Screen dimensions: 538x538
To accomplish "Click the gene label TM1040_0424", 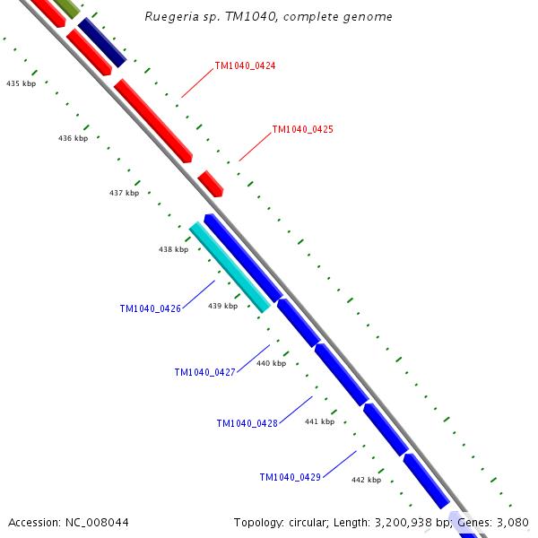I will tap(245, 66).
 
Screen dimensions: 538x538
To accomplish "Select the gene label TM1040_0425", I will tap(302, 130).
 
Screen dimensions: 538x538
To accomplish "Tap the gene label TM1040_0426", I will tap(150, 309).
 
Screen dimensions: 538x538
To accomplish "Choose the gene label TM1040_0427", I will tap(204, 372).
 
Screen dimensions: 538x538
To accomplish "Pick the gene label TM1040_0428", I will tap(247, 423).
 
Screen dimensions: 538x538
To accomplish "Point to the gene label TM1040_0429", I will tap(290, 478).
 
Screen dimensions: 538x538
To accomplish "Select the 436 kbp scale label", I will tap(73, 138).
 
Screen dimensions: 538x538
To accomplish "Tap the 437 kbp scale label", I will tap(124, 193).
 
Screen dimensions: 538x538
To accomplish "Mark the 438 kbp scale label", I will tap(174, 249).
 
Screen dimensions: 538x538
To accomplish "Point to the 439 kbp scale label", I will tap(223, 306).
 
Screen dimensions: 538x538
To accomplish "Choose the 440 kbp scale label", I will tap(271, 363).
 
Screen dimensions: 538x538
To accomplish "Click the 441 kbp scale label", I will tap(319, 421).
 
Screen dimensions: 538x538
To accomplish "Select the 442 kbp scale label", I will tap(366, 480).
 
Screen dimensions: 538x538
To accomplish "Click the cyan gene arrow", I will tap(230, 267).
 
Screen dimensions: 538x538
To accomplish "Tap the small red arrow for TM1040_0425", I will tap(211, 184).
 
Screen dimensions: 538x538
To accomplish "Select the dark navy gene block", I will tap(101, 42).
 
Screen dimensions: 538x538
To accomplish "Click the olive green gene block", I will tap(66, 8).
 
